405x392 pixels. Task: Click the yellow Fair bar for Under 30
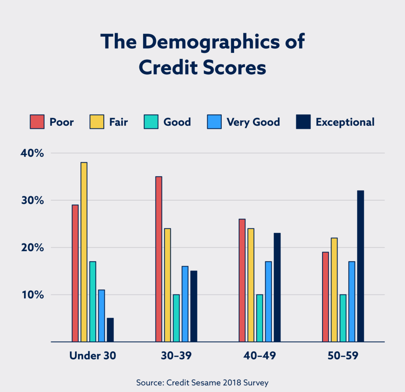point(84,252)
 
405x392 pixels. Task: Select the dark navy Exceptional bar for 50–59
point(360,266)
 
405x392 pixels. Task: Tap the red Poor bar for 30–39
point(159,259)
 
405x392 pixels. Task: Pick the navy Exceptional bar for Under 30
point(110,330)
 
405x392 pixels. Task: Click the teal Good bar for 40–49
point(259,318)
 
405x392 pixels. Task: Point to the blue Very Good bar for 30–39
point(185,304)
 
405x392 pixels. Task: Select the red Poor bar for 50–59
point(325,297)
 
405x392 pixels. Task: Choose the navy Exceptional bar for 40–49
point(277,287)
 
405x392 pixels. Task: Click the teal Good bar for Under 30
point(92,302)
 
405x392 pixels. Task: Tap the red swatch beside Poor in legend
point(37,122)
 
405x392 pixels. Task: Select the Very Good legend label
point(253,122)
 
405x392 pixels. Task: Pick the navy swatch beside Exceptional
point(303,122)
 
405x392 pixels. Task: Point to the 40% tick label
point(32,153)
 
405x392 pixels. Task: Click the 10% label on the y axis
point(32,295)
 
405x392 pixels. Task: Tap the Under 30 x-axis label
point(92,356)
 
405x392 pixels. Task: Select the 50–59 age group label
point(342,356)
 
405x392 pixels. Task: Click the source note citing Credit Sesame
point(202,382)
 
